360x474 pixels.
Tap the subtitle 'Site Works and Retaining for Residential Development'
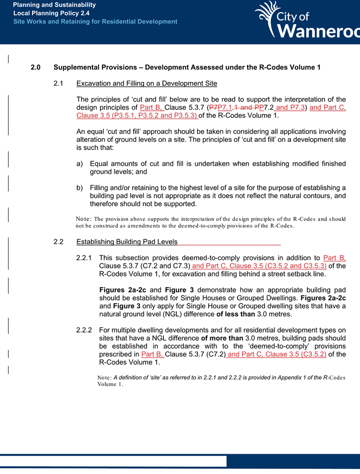[x=95, y=22]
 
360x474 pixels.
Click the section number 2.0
[x=35, y=67]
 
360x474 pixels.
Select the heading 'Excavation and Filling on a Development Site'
[x=147, y=84]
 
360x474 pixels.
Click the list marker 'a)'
[x=79, y=164]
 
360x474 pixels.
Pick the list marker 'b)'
[x=79, y=187]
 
